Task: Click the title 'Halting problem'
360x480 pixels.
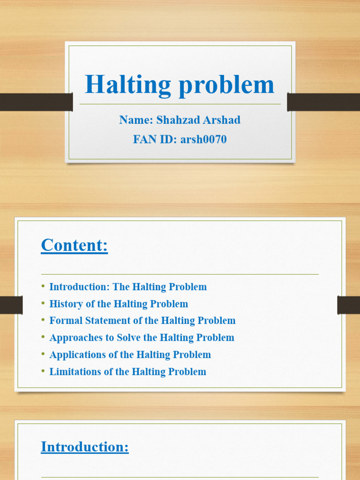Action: click(x=180, y=85)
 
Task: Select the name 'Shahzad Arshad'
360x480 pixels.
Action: click(x=198, y=120)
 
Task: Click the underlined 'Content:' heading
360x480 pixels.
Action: click(x=75, y=245)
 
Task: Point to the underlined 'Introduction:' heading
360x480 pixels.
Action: click(x=85, y=447)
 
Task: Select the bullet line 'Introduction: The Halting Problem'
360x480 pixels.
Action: click(x=127, y=287)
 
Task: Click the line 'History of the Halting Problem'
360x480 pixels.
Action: click(x=119, y=304)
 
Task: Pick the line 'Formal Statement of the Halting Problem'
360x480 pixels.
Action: click(x=142, y=321)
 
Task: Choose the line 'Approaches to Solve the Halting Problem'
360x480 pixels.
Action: click(x=142, y=337)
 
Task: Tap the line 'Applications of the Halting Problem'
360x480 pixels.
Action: click(x=130, y=354)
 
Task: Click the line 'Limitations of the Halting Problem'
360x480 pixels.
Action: click(x=127, y=372)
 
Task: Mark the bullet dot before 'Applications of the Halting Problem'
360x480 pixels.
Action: click(x=43, y=354)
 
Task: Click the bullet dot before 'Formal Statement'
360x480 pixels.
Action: click(x=43, y=321)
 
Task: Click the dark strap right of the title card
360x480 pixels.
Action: click(x=323, y=102)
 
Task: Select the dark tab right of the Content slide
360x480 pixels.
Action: click(x=348, y=305)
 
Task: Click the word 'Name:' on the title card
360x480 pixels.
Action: click(x=136, y=120)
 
